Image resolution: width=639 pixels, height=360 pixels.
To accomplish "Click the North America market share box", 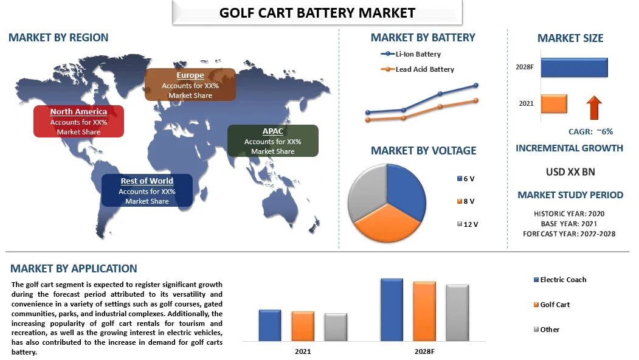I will coord(78,121).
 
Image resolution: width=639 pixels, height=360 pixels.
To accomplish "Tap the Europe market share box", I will coord(190,85).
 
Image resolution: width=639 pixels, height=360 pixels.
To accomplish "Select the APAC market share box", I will coord(272,140).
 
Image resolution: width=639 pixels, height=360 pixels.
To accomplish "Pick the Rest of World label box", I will coord(147,190).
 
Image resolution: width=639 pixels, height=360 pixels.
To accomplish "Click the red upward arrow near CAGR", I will coord(594,108).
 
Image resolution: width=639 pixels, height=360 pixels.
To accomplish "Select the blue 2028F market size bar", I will coord(574,67).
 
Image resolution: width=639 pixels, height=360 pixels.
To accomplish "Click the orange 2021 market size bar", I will coord(553,103).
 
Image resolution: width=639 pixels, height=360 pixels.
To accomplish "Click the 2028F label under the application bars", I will coord(425,352).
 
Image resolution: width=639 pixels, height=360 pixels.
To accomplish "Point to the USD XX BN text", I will coord(570,172).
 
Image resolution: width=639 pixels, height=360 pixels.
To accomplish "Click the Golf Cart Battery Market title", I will coord(317,13).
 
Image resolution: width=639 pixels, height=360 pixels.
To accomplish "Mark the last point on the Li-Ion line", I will coord(475,85).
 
